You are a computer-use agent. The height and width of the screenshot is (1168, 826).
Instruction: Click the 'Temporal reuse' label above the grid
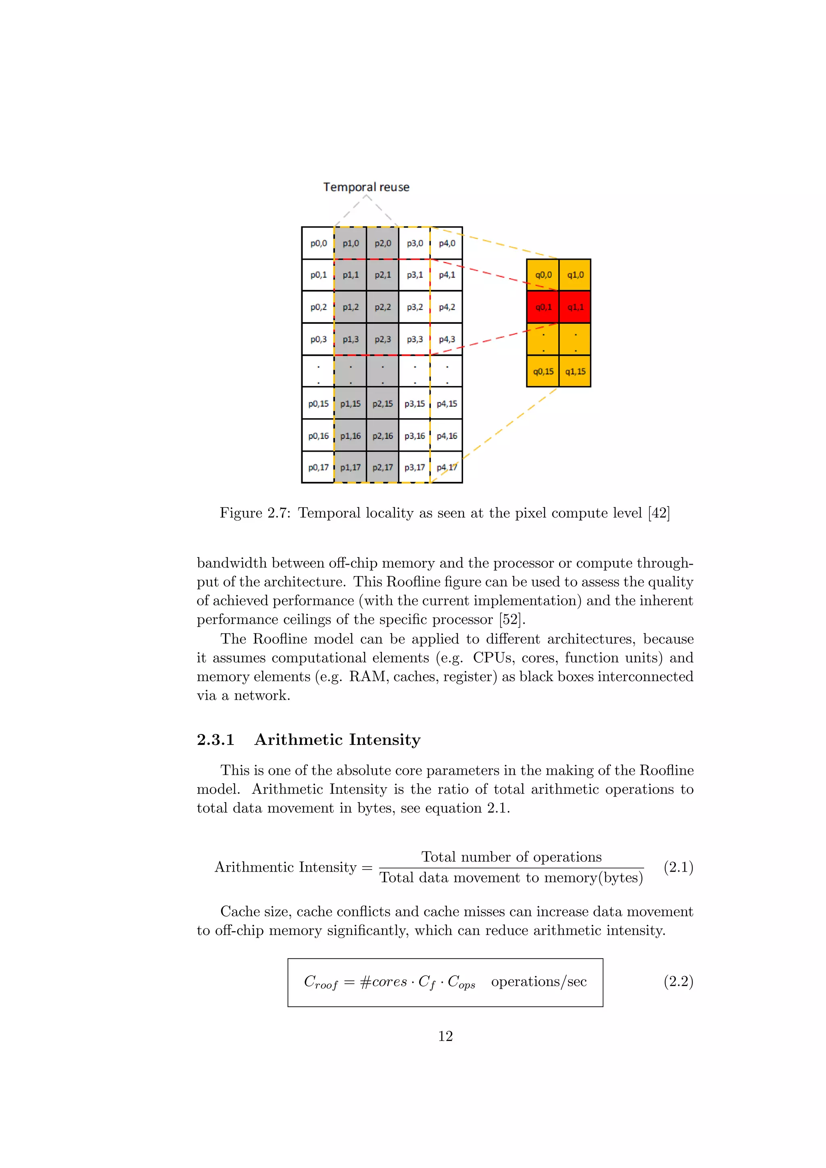pyautogui.click(x=366, y=187)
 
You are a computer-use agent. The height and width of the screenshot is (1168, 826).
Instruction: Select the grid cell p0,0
pyautogui.click(x=318, y=243)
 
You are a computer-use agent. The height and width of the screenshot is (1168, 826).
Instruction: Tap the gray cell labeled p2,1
pyautogui.click(x=382, y=275)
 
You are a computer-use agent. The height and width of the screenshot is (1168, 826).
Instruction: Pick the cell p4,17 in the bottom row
pyautogui.click(x=446, y=467)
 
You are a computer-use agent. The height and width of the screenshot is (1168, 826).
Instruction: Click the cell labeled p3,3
pyautogui.click(x=415, y=339)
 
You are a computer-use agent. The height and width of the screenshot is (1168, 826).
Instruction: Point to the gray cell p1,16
pyautogui.click(x=350, y=436)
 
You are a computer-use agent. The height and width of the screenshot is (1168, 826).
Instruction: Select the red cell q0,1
pyautogui.click(x=543, y=307)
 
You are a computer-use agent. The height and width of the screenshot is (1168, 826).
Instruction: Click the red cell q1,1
pyautogui.click(x=575, y=307)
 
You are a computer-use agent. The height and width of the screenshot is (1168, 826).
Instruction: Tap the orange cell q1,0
pyautogui.click(x=575, y=275)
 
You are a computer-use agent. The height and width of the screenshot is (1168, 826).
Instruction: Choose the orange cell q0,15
pyautogui.click(x=543, y=371)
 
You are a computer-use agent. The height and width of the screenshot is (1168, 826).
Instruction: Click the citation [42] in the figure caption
pyautogui.click(x=659, y=513)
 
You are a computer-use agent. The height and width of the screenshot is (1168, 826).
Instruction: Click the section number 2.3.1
pyautogui.click(x=216, y=740)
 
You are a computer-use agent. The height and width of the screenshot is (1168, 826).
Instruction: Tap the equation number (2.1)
pyautogui.click(x=678, y=867)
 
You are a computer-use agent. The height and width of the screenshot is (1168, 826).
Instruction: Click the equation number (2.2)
pyautogui.click(x=678, y=981)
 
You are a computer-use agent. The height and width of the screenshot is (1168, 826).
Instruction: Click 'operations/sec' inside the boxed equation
pyautogui.click(x=538, y=981)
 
